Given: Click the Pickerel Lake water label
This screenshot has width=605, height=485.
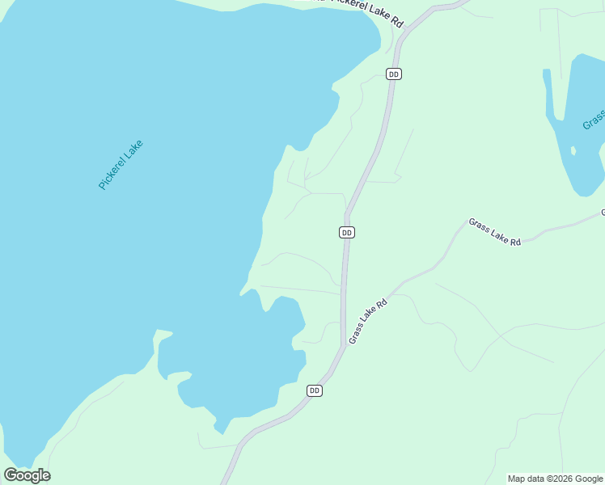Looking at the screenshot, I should [x=121, y=165].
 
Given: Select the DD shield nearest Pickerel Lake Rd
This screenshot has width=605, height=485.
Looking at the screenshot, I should [x=394, y=74].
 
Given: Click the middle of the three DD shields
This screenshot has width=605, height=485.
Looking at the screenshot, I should [x=346, y=232].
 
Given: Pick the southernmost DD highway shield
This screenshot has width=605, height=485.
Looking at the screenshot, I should [x=315, y=390].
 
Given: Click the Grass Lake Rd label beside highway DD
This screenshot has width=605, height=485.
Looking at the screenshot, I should [x=369, y=322].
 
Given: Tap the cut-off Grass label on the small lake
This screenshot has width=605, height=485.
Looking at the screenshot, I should [x=594, y=120].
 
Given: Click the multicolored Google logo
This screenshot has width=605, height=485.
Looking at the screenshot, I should [x=27, y=475].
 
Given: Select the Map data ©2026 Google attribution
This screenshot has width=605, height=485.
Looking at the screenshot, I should [x=555, y=479].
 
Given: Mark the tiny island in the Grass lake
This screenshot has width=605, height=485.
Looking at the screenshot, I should [x=573, y=150].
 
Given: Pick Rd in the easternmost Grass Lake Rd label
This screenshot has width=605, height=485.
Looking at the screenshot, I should [x=515, y=241].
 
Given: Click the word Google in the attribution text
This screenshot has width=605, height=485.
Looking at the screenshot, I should [x=589, y=479].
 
